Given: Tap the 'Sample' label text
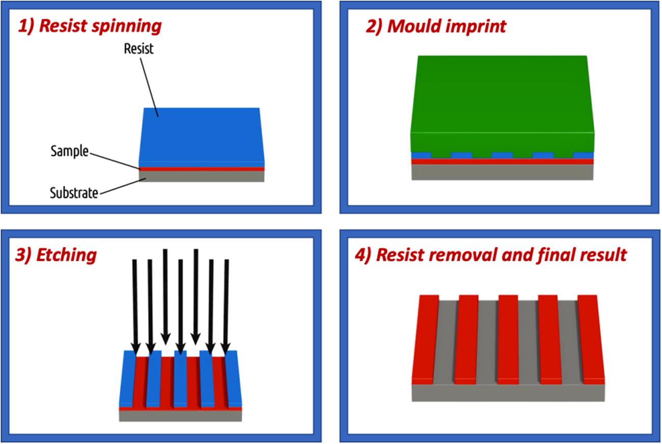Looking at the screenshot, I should pos(70,151).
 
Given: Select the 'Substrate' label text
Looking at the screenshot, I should pos(74,193).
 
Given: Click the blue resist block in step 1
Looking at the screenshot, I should pos(201,135).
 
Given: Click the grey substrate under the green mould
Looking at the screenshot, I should pos(502,173).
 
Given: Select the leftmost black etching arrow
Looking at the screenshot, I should pos(135,306).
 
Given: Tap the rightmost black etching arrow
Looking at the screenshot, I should pos(227,306).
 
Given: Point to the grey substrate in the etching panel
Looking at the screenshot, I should pos(180,416).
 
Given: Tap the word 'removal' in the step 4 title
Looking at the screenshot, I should pos(466,255).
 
